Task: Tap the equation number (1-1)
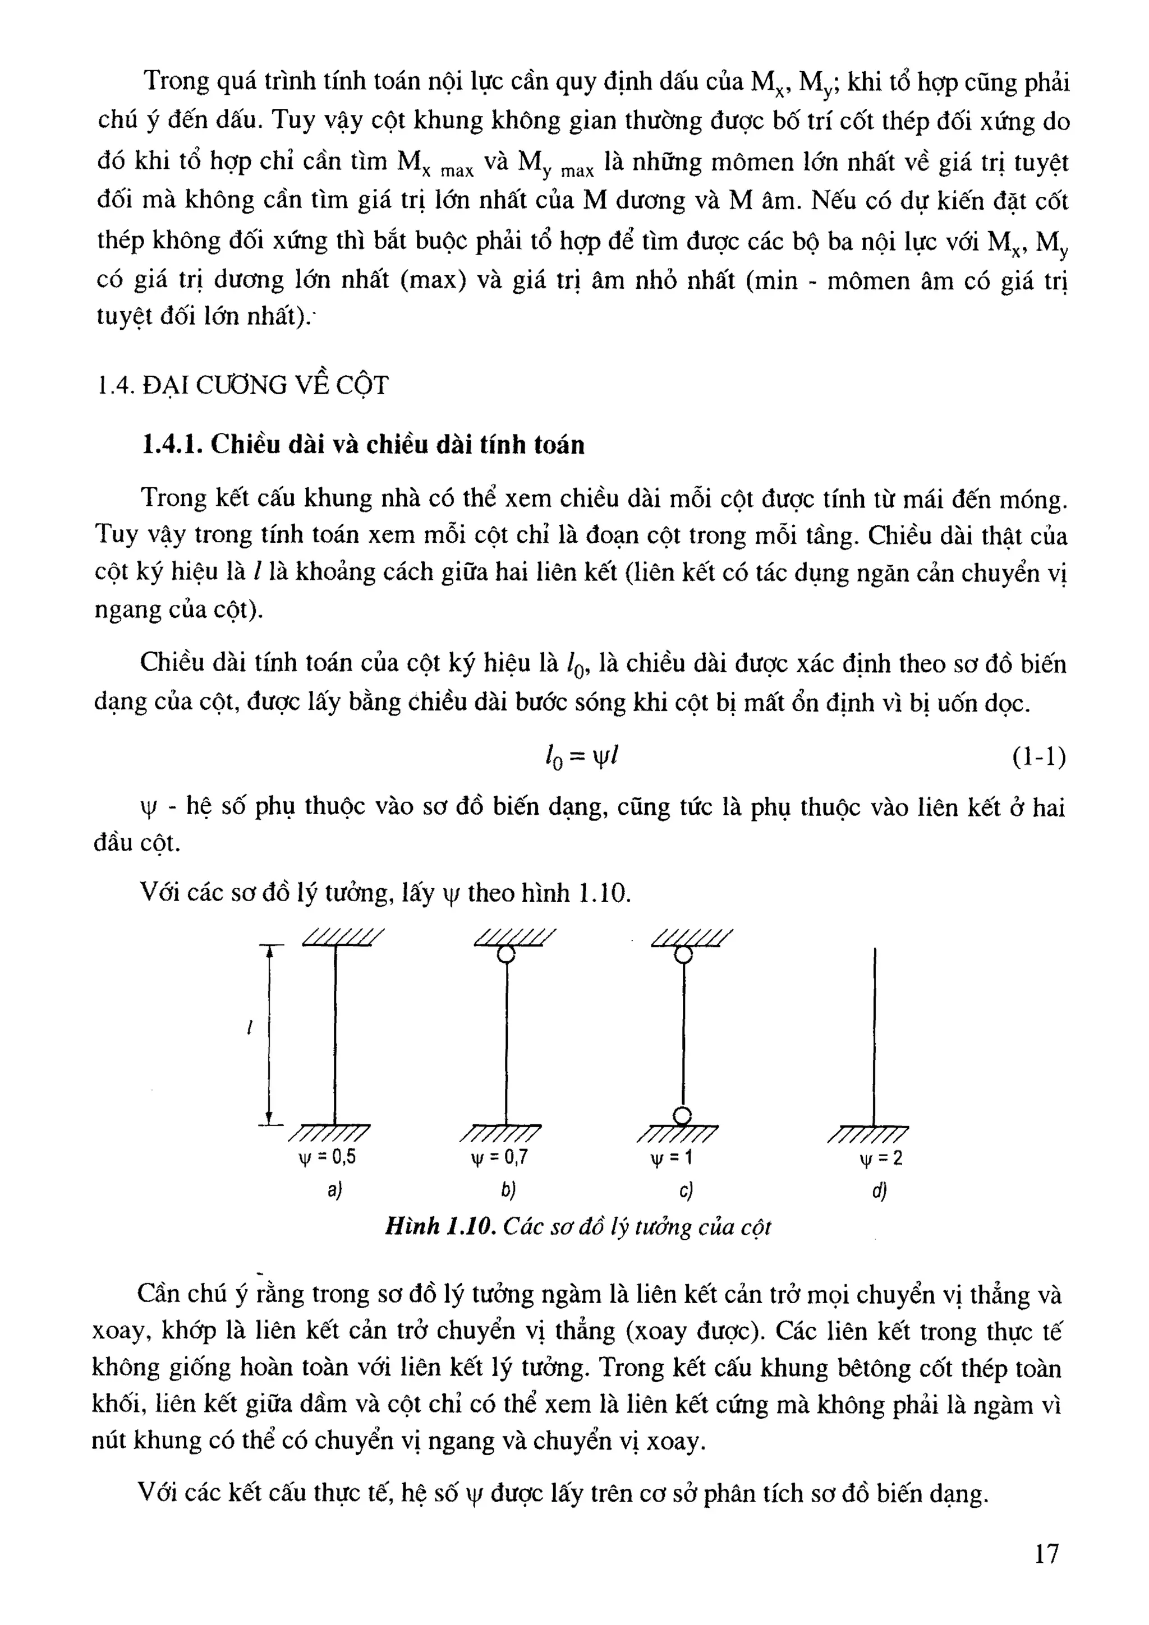[1038, 758]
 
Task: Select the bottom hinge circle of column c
[682, 1116]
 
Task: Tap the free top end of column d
[875, 950]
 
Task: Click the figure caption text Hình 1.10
[439, 1226]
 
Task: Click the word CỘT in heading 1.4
[362, 386]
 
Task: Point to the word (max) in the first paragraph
[433, 280]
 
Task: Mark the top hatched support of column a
[343, 937]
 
